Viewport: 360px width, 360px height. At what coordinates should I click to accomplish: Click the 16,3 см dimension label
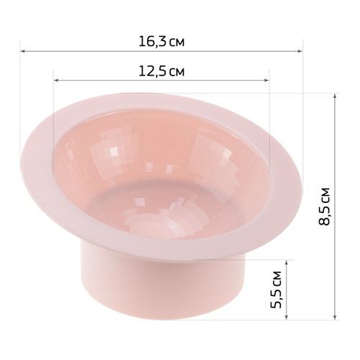(161, 42)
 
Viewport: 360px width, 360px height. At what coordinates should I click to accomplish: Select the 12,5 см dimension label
(162, 71)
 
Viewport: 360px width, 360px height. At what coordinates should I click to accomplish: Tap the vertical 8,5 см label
(325, 206)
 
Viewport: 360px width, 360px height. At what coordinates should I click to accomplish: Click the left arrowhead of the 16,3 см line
(23, 51)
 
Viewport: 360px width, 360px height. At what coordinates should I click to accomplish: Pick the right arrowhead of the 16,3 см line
(300, 51)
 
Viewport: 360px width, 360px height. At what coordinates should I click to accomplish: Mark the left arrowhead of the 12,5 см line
(56, 81)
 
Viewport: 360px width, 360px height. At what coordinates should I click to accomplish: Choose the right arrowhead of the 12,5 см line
(266, 81)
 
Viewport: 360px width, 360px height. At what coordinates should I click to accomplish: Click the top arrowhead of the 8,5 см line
(335, 96)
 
